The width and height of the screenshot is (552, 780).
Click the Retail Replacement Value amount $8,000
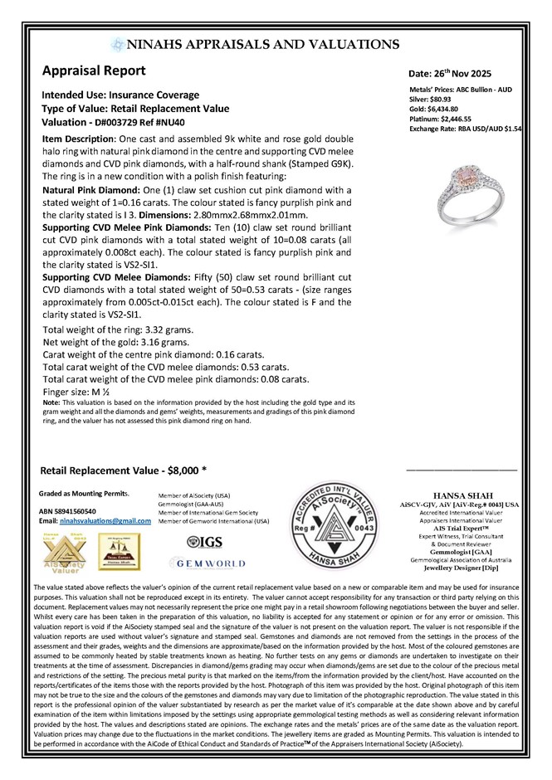click(x=188, y=470)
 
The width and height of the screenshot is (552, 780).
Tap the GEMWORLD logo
click(x=211, y=563)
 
